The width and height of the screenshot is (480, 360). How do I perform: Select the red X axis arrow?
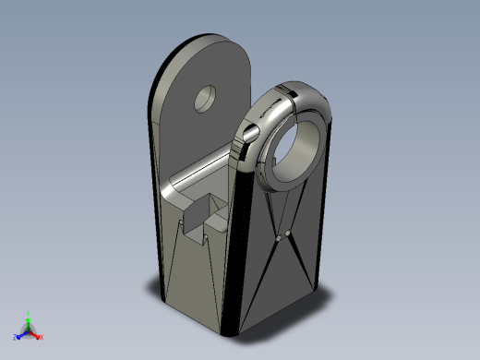tap(35, 334)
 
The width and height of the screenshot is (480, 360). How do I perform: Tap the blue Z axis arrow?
tap(20, 333)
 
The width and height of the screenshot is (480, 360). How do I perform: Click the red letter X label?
tap(41, 337)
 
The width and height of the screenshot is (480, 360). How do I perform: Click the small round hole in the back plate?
tap(204, 97)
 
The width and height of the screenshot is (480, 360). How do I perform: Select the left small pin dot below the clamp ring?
tap(278, 238)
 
